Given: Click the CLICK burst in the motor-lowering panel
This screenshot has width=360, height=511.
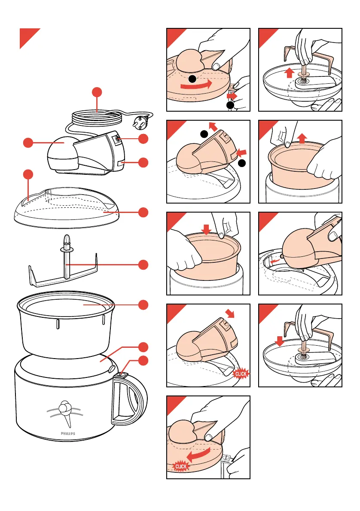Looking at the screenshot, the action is [x=241, y=374].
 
